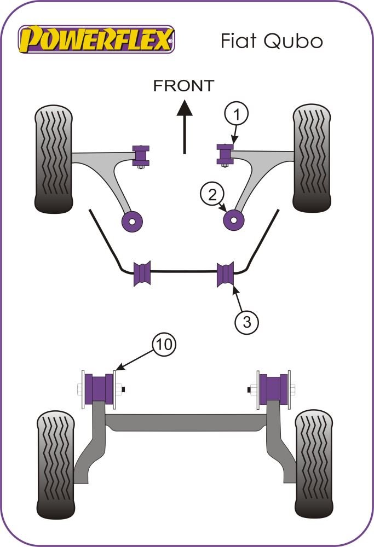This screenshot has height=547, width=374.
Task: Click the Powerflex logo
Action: tap(97, 39)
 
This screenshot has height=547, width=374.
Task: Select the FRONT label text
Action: tap(183, 86)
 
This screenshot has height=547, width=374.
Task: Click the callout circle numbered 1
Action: tap(236, 115)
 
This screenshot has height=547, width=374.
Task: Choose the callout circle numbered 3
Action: tap(247, 322)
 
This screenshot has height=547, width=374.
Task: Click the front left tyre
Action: tap(54, 159)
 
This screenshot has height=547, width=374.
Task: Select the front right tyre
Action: tap(313, 159)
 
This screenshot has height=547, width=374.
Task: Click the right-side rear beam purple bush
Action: tap(273, 387)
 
